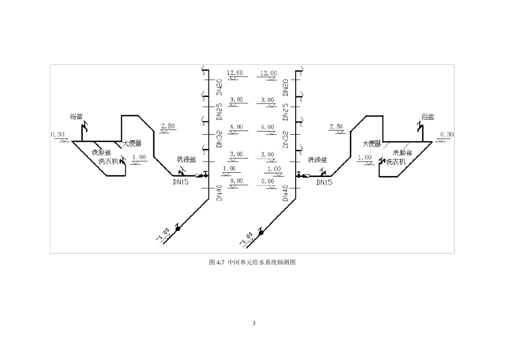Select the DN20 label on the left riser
(x=219, y=87)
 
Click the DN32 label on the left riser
(x=219, y=139)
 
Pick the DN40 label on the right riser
(x=286, y=193)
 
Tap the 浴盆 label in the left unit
(x=76, y=116)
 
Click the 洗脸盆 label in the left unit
(x=102, y=152)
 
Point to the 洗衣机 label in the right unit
(x=396, y=161)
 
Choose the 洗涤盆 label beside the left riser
(x=186, y=159)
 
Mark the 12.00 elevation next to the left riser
(x=235, y=73)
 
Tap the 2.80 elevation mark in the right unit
(x=336, y=126)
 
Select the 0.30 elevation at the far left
(x=58, y=134)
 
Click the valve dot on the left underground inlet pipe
(x=178, y=228)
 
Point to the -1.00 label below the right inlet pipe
(x=248, y=237)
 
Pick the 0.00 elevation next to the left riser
(x=236, y=181)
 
